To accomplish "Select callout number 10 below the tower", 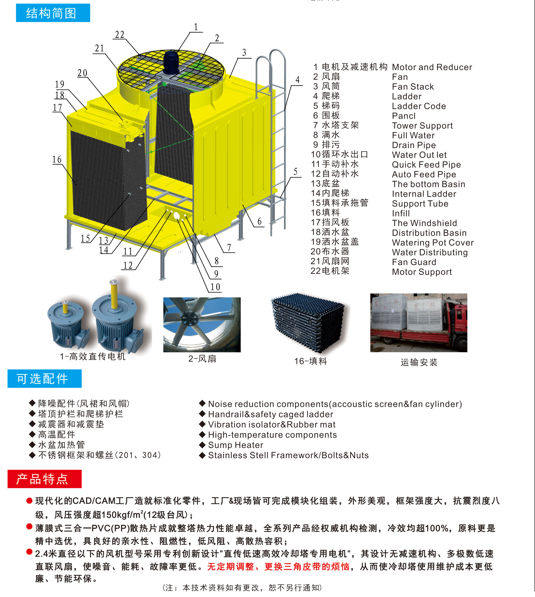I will pos(215,287).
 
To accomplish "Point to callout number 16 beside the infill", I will pos(57,160).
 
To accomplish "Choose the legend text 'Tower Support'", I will pos(422,126).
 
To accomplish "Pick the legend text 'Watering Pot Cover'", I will pos(433,243).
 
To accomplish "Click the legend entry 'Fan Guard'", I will pos(414,262).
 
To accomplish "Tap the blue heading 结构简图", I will pos(53,13).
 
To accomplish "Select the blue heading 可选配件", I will pos(44,379).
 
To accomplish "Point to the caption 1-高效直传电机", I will pos(92,356).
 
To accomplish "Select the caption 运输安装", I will pos(419,362).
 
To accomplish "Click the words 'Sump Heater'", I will pos(235,445).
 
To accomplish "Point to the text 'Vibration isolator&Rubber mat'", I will pos(272,424).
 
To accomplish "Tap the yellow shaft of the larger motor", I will pos(113,294).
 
